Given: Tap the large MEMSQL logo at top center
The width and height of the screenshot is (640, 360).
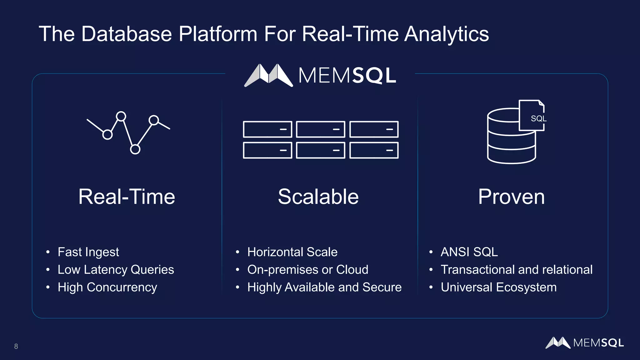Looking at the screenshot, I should point(320,75).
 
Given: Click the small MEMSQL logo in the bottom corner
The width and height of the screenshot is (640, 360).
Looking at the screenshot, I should point(584,343).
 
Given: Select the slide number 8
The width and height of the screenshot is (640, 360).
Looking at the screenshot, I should point(16,346).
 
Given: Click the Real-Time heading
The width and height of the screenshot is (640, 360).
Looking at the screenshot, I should point(127,197).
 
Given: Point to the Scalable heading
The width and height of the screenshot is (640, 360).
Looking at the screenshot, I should point(318,197).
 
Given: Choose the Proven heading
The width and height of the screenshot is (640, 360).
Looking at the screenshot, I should point(511,197).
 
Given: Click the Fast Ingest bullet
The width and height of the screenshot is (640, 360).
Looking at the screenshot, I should point(88,252).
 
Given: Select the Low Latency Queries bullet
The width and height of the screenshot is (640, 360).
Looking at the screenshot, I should point(116,270).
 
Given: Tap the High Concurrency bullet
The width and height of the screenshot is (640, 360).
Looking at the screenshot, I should point(107,287).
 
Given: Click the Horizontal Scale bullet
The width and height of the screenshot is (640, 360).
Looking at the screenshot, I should point(292,252).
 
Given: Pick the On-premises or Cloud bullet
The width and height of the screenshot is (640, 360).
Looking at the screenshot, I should point(307,270).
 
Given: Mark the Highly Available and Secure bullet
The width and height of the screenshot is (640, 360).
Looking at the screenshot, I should point(324,287).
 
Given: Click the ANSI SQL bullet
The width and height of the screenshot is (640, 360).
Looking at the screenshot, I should point(469,252).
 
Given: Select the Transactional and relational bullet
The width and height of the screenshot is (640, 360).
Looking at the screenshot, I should point(516,270).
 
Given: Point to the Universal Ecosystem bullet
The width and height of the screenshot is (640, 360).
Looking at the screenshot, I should point(498,287).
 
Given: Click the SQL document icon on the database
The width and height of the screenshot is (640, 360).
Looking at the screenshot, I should point(532,116).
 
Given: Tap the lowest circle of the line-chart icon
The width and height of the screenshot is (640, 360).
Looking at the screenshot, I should point(135,149).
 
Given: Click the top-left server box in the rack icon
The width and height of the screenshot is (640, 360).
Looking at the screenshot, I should point(267,129).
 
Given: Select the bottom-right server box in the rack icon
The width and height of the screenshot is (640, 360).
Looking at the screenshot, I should point(374,150).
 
